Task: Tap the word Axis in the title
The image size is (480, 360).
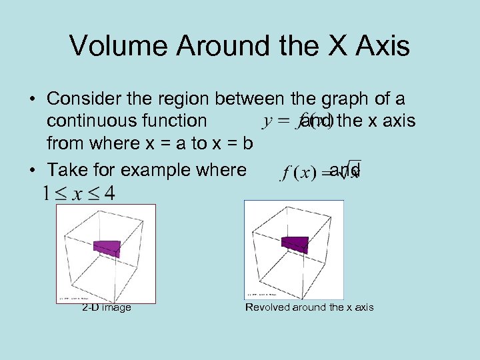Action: point(383,46)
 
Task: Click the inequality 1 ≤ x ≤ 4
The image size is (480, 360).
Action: point(78,194)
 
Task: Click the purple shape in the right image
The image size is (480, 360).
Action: point(295,243)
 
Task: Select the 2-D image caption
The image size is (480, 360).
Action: point(106,307)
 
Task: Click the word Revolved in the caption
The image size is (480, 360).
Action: point(265,307)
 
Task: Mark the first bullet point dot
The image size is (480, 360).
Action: point(32,100)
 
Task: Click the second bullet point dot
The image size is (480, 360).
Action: point(32,170)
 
